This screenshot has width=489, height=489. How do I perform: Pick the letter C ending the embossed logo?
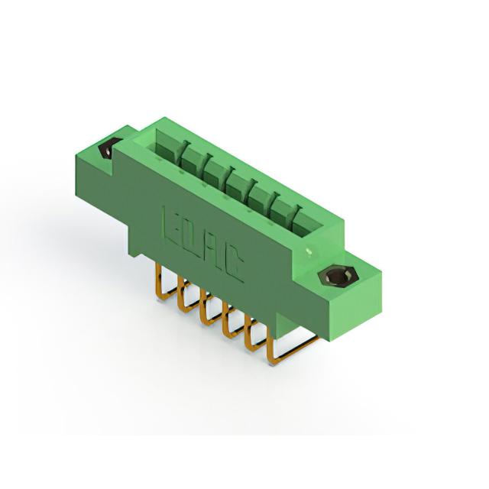tap(235, 266)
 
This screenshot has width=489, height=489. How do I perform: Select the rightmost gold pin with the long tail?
tap(290, 349)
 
